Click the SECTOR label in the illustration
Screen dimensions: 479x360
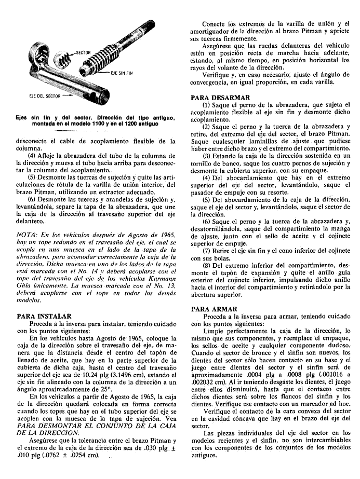[x=83, y=53]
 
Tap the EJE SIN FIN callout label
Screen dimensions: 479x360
[x=122, y=73]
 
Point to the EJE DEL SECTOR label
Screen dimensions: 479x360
[x=45, y=96]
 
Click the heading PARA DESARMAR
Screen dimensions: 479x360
[x=220, y=98]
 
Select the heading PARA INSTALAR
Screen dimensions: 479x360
[x=44, y=316]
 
